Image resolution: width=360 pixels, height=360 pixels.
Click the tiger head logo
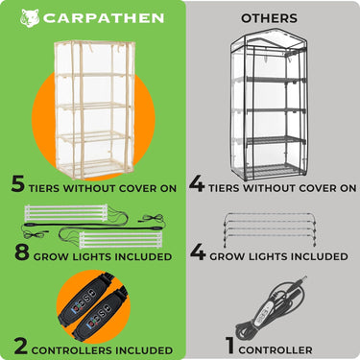[30, 18]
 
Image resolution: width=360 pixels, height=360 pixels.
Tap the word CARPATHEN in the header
[104, 18]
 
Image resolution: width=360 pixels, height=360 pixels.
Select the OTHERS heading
[269, 18]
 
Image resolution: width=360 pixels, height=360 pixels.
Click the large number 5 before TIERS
[18, 184]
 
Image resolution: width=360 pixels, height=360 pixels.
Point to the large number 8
[22, 252]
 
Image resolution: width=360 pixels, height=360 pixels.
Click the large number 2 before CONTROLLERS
[21, 347]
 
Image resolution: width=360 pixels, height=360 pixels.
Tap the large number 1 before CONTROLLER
[230, 346]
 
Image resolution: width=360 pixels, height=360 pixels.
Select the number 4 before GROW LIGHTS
[198, 252]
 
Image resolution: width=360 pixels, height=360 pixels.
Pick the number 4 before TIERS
[197, 184]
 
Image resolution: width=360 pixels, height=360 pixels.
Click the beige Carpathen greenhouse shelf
[94, 109]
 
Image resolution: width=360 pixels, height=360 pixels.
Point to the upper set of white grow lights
[66, 213]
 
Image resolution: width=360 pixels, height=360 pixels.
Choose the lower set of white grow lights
[120, 241]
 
